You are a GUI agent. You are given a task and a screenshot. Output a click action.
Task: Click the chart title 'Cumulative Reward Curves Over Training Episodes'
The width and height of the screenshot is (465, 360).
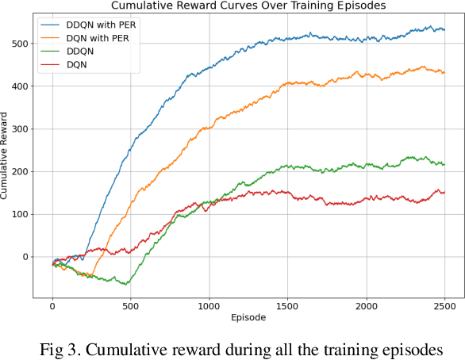click(248, 6)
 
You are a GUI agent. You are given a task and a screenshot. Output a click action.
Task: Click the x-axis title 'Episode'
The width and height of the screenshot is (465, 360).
click(248, 318)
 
